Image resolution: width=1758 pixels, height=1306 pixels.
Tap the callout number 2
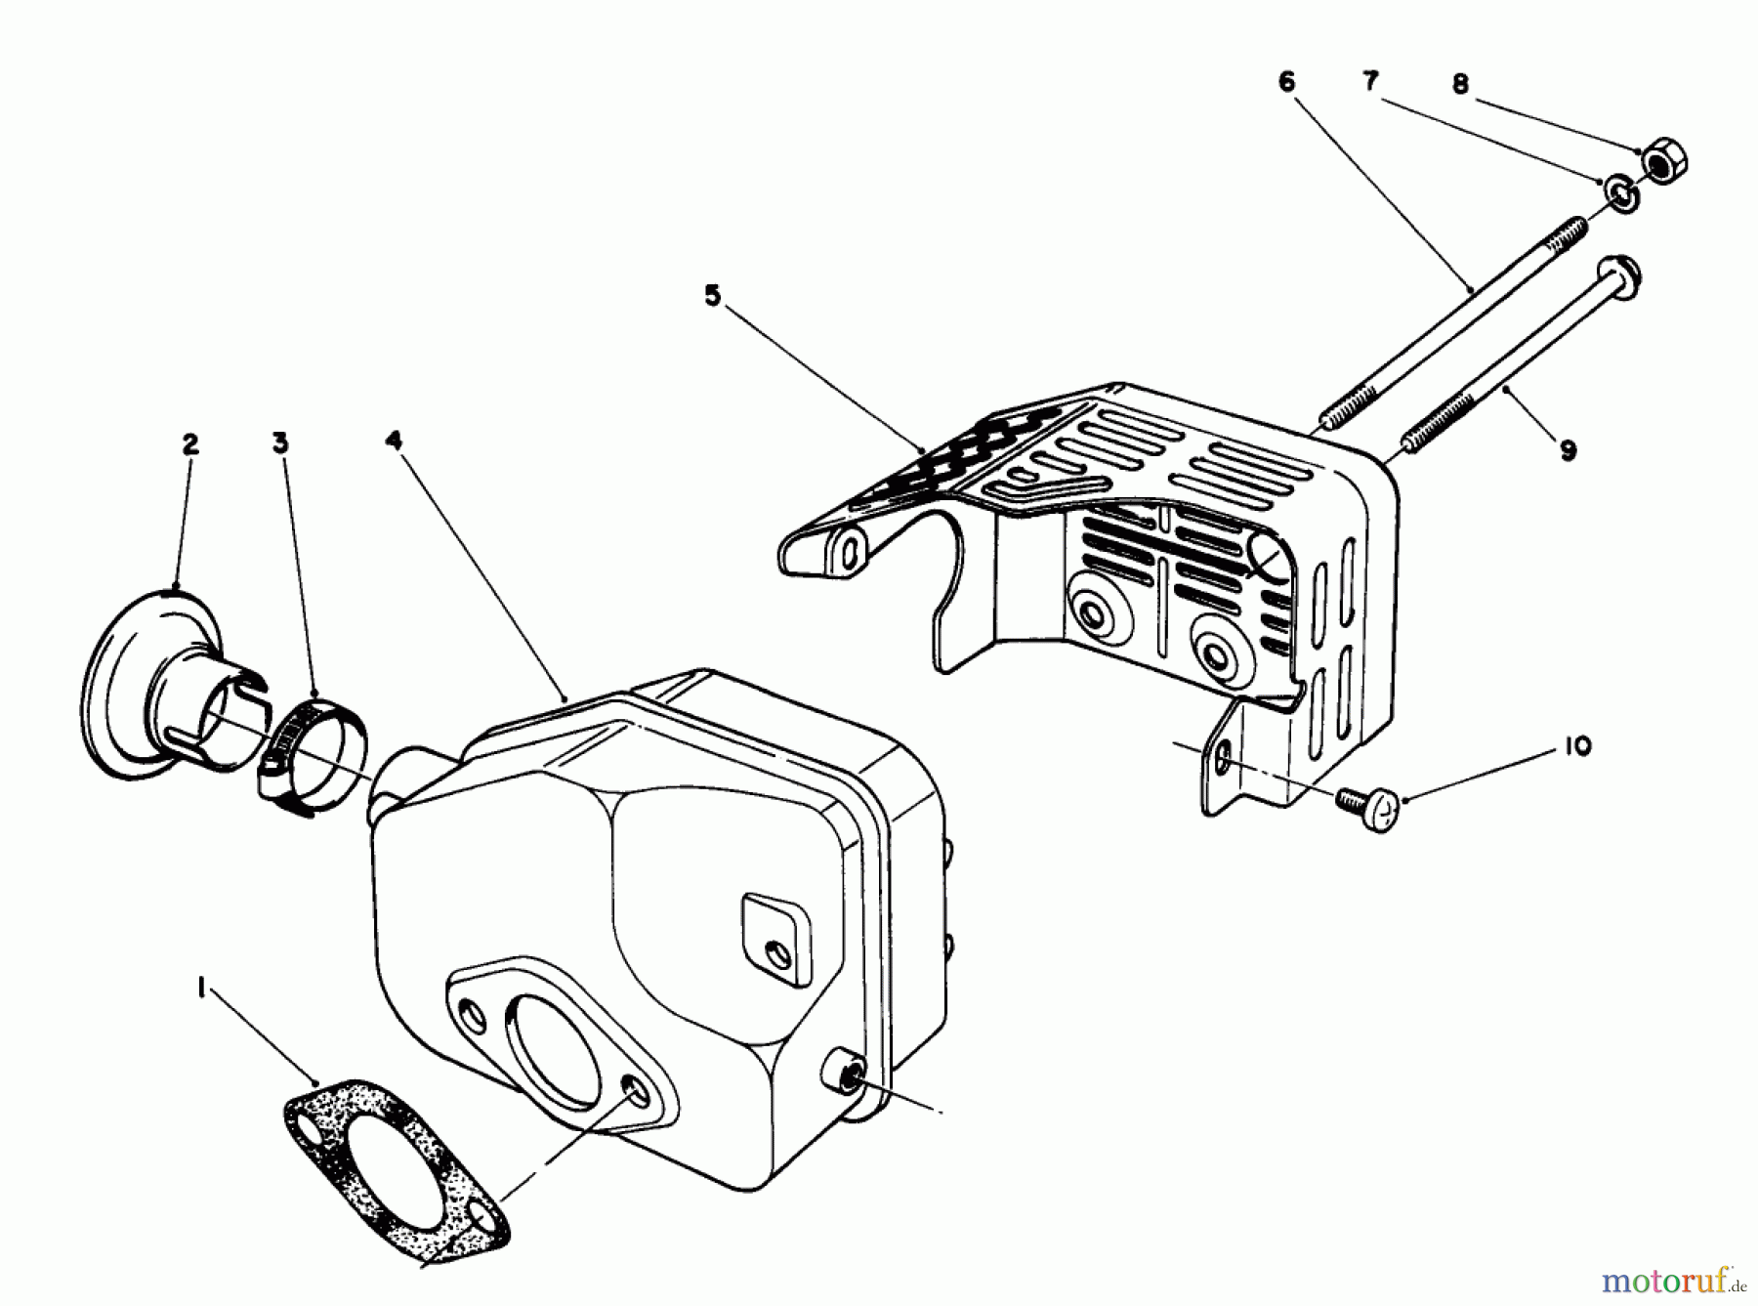[189, 444]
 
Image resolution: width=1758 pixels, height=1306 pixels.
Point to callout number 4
[394, 441]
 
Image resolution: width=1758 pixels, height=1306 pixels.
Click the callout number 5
[713, 296]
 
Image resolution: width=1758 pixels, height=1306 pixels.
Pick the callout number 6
[1286, 82]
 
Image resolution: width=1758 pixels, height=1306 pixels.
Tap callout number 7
[1371, 82]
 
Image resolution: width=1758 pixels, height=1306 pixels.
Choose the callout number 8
[1460, 85]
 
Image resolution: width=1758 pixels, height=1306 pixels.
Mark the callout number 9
[1568, 450]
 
